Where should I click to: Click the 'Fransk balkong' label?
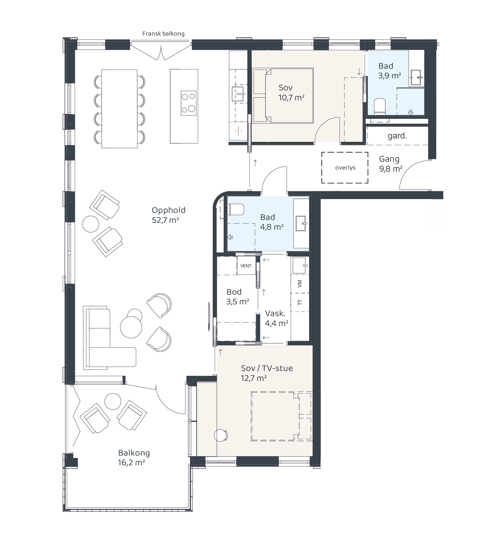coord(163,34)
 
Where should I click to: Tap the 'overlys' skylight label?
coord(345,168)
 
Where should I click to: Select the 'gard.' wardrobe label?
coord(397,136)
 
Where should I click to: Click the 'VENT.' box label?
coord(246,266)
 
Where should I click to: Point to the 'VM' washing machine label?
coord(300,284)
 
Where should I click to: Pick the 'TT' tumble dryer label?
coord(300,303)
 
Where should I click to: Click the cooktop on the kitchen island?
coord(188,103)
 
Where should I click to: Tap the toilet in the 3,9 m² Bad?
coord(380,107)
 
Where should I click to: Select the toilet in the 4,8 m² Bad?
coord(235,210)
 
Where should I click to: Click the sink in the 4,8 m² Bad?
coord(301,224)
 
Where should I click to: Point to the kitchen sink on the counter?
coord(238,94)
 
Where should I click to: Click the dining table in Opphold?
coord(119,109)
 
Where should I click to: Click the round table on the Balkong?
coord(113,401)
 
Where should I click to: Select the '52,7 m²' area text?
coord(166,220)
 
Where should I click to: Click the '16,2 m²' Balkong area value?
coord(131,463)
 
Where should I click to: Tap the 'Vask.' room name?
coord(275,313)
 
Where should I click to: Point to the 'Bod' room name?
coord(234,292)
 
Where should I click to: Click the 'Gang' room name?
coord(389,159)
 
